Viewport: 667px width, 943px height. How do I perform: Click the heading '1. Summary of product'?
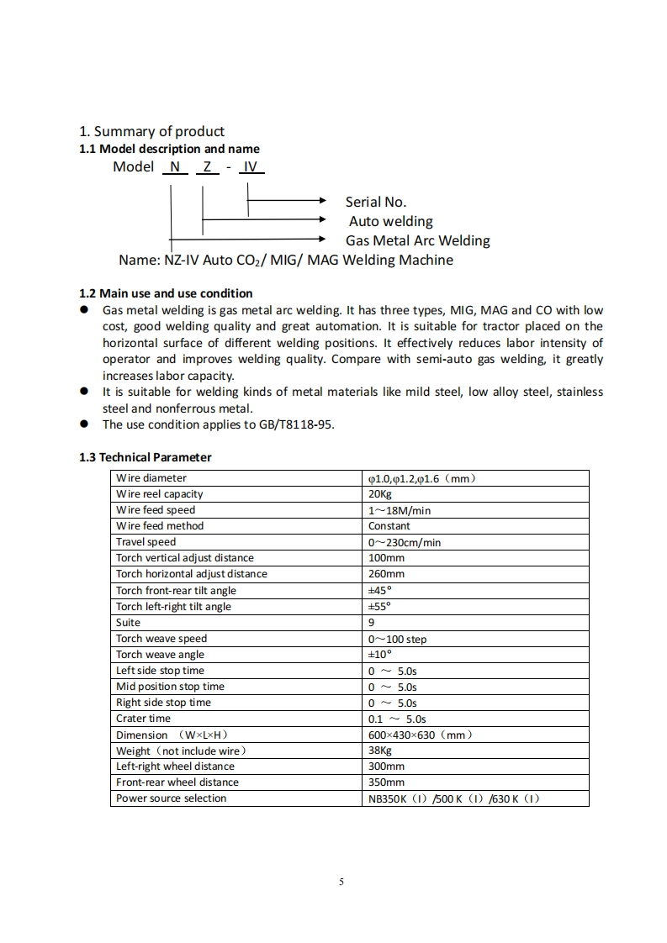tap(151, 131)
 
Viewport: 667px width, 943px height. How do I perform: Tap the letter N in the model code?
tap(175, 166)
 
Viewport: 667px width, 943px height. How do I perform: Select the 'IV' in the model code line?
tap(251, 166)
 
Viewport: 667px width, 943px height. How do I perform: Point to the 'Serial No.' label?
tap(375, 202)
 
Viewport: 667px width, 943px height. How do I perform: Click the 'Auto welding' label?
tap(391, 221)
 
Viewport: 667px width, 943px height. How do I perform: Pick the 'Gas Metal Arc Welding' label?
tap(417, 240)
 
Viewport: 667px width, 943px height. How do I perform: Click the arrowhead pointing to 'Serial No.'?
tap(320, 202)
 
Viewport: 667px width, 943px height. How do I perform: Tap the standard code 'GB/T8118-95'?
tap(299, 424)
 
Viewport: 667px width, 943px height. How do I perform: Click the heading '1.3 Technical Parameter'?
tap(146, 457)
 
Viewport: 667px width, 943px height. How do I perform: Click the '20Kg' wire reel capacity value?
tap(380, 494)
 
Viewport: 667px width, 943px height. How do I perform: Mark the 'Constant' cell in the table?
tap(389, 526)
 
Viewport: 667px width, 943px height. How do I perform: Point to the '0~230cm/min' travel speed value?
tap(405, 542)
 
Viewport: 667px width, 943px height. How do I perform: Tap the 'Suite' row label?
tap(129, 623)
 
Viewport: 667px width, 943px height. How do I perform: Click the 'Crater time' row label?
tap(143, 719)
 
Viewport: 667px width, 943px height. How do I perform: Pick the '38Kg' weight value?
tap(380, 751)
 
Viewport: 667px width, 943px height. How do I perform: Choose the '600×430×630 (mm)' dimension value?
tap(421, 735)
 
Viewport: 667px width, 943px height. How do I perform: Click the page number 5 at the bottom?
tap(341, 882)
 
